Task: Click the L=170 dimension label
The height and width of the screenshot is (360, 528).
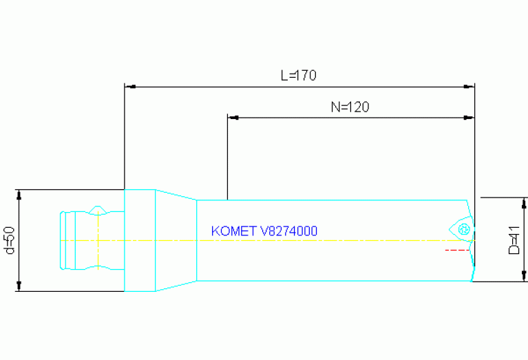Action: (298, 76)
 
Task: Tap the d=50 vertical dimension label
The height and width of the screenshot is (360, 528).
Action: (10, 240)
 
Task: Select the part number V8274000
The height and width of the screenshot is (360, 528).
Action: (288, 231)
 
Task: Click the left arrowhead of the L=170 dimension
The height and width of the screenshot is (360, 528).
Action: (129, 87)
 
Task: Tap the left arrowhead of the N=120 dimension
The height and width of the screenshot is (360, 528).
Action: (233, 118)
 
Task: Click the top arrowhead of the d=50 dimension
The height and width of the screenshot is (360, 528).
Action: (19, 194)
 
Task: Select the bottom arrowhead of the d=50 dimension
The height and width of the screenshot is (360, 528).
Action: (19, 286)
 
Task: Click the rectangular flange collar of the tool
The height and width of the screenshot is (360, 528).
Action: (139, 240)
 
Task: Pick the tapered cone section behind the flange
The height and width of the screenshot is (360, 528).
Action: (176, 240)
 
